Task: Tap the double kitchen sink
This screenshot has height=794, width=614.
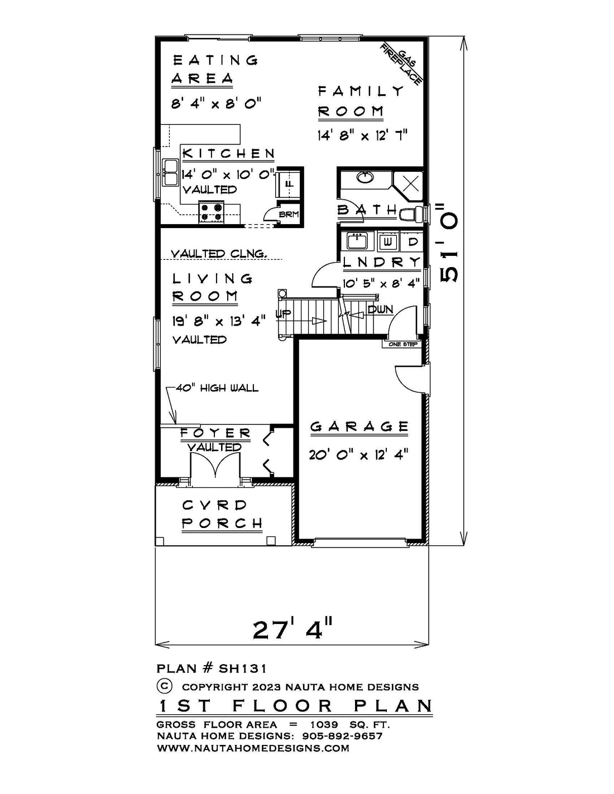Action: click(x=170, y=173)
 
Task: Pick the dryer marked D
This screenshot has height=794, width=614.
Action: click(x=412, y=242)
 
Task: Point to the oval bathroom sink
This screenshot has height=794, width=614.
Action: click(x=365, y=178)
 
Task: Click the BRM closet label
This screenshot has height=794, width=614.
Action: click(x=289, y=215)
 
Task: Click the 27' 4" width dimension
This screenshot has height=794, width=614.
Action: click(x=292, y=629)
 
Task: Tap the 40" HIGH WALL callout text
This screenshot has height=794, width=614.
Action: click(x=217, y=388)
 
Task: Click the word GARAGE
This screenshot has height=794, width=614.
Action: click(x=359, y=427)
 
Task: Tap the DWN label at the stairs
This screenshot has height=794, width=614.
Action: click(x=380, y=310)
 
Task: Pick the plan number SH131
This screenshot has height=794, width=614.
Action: click(x=242, y=669)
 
